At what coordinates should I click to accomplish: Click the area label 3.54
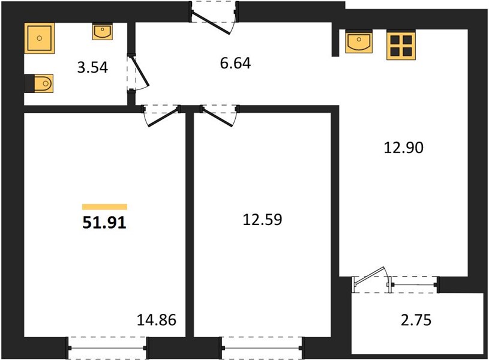tap(92, 67)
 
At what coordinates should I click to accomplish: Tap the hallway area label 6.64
tap(235, 64)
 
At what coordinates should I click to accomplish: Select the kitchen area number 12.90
tap(404, 147)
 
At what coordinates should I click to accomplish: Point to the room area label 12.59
tap(262, 220)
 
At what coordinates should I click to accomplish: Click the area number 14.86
tap(157, 320)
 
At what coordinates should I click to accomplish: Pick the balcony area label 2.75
tap(416, 320)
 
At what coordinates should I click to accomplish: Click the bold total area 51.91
tap(104, 223)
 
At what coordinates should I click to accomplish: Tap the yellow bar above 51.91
tap(105, 206)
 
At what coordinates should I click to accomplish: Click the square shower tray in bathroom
tap(39, 38)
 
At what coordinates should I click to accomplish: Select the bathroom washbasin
tap(102, 32)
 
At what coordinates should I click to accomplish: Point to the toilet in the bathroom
tap(39, 83)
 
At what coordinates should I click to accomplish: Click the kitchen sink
tap(359, 41)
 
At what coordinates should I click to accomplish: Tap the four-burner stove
tap(401, 45)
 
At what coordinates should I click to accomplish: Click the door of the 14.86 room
tap(161, 116)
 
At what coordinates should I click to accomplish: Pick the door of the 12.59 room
tap(220, 116)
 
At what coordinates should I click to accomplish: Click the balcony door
tap(371, 280)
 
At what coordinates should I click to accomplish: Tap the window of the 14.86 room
tap(107, 348)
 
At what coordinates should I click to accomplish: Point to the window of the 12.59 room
tap(262, 348)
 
